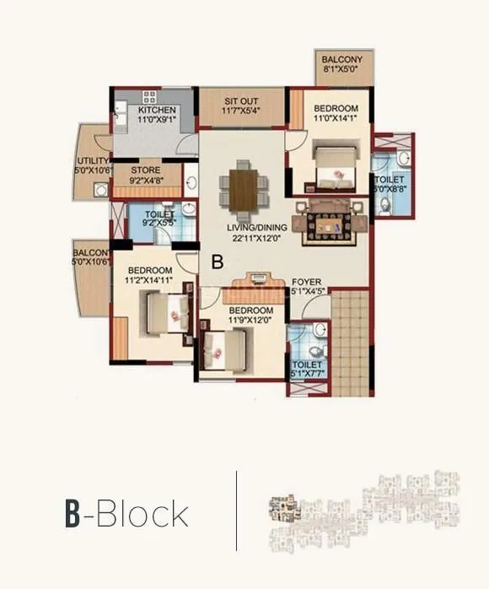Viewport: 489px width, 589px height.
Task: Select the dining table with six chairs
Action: [240, 186]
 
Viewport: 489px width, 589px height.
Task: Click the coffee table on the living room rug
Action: [332, 223]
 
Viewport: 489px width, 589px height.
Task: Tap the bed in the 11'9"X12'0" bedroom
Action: [225, 346]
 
